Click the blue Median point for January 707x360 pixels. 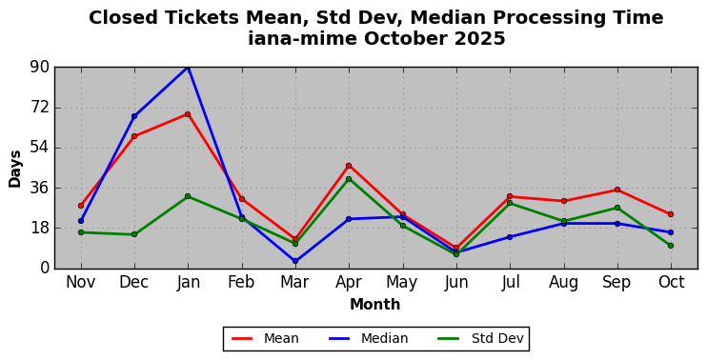coord(188,67)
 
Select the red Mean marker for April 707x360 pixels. coord(349,166)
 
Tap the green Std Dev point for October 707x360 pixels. coord(671,246)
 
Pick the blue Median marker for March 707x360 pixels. coord(295,261)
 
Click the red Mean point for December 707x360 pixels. coord(134,136)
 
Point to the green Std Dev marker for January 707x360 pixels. coord(188,196)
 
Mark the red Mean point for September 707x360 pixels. coord(617,190)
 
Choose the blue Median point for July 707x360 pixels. coord(510,237)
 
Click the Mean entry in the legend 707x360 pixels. coord(265,338)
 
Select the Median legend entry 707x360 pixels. coord(368,338)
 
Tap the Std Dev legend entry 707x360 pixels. coord(480,338)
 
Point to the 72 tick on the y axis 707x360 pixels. coord(40,108)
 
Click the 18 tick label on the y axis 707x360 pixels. coord(40,228)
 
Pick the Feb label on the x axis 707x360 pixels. coord(241,282)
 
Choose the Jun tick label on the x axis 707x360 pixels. coord(456,282)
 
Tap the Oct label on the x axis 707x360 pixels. coord(671,282)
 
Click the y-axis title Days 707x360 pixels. coord(15,169)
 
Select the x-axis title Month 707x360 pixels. coord(375,305)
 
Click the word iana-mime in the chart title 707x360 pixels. coord(303,39)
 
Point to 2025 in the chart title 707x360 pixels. coord(480,39)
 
